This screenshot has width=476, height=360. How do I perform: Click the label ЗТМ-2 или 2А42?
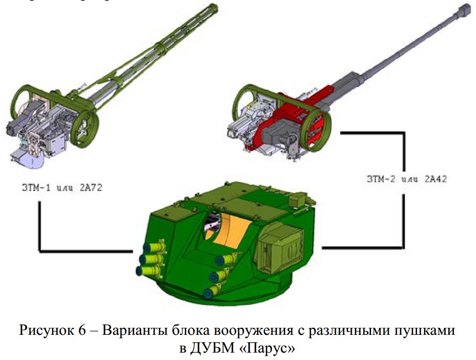[406, 179]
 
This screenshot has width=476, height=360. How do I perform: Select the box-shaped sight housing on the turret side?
[278, 249]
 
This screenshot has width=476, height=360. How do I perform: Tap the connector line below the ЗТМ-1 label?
[40, 226]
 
